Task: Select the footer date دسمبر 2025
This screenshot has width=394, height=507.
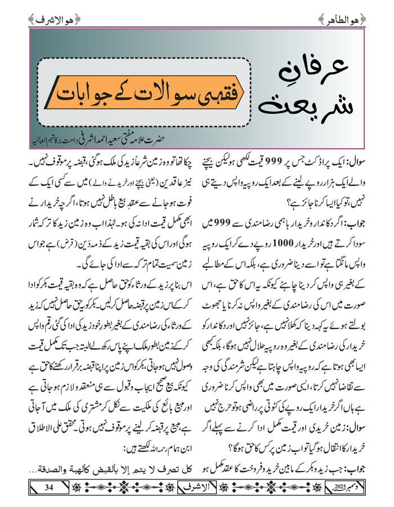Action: click(338, 487)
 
